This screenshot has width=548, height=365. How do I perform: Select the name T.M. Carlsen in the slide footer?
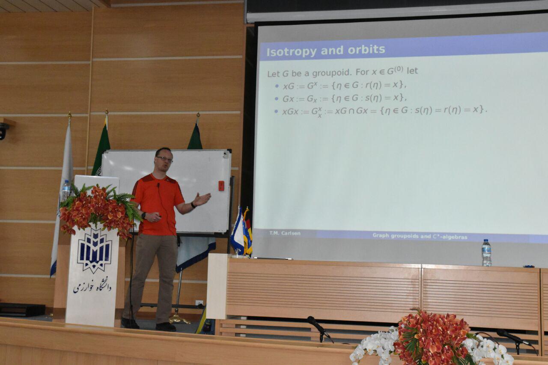285,233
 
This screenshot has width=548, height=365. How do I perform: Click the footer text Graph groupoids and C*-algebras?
420,236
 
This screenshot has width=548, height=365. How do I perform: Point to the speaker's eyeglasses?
165,159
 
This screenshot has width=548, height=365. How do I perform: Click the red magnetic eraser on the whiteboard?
221,186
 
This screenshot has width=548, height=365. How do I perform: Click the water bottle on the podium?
66,190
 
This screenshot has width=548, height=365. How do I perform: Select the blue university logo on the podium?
95,250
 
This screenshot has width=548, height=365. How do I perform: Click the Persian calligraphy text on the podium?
92,286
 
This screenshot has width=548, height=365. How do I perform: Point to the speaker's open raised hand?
202,199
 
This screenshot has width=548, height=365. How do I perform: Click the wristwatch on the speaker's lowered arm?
143,216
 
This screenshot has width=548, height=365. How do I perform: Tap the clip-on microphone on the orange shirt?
158,185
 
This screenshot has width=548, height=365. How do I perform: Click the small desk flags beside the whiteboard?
241,231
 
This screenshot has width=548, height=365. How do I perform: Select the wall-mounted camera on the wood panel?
4,131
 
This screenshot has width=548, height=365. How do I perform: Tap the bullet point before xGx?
277,112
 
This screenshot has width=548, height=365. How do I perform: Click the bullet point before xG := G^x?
277,86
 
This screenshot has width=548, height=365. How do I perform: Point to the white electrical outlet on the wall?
200,303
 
